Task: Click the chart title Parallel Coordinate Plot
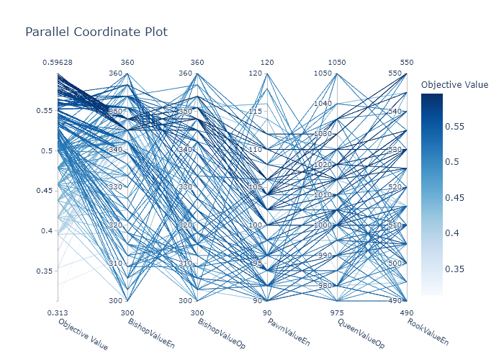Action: pyautogui.click(x=96, y=32)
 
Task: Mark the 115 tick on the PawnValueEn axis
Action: pyautogui.click(x=256, y=111)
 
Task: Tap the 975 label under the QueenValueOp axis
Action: pyautogui.click(x=337, y=312)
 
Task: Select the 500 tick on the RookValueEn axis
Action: pyautogui.click(x=395, y=263)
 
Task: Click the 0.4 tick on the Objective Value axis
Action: pyautogui.click(x=47, y=230)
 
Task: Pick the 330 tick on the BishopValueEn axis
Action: pyautogui.click(x=116, y=187)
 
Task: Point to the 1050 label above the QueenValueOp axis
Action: pyautogui.click(x=337, y=63)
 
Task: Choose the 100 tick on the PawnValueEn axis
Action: pyautogui.click(x=256, y=225)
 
